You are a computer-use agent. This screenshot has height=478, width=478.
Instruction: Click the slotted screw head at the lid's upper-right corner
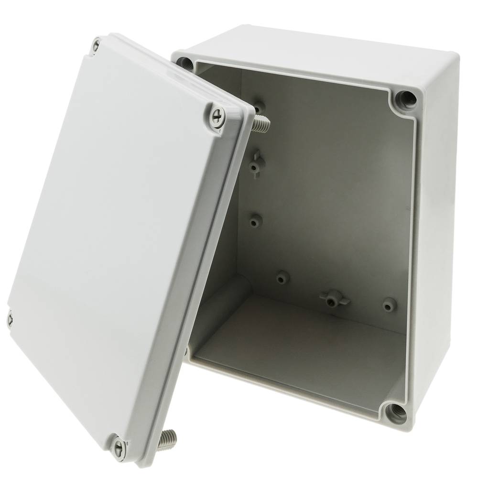click(x=218, y=115)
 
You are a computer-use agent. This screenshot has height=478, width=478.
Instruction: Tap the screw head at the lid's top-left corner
click(x=96, y=46)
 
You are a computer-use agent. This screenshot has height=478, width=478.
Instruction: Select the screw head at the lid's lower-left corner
click(x=10, y=317)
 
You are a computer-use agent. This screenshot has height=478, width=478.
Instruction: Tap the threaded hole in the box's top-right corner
click(x=405, y=99)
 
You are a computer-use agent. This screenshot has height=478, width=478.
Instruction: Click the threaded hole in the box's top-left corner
click(x=185, y=62)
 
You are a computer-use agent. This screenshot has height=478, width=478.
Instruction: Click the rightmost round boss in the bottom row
click(x=389, y=304)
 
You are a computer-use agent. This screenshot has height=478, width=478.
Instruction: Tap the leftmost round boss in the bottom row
click(x=283, y=276)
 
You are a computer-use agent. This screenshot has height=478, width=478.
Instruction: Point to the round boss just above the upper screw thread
click(x=259, y=105)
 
